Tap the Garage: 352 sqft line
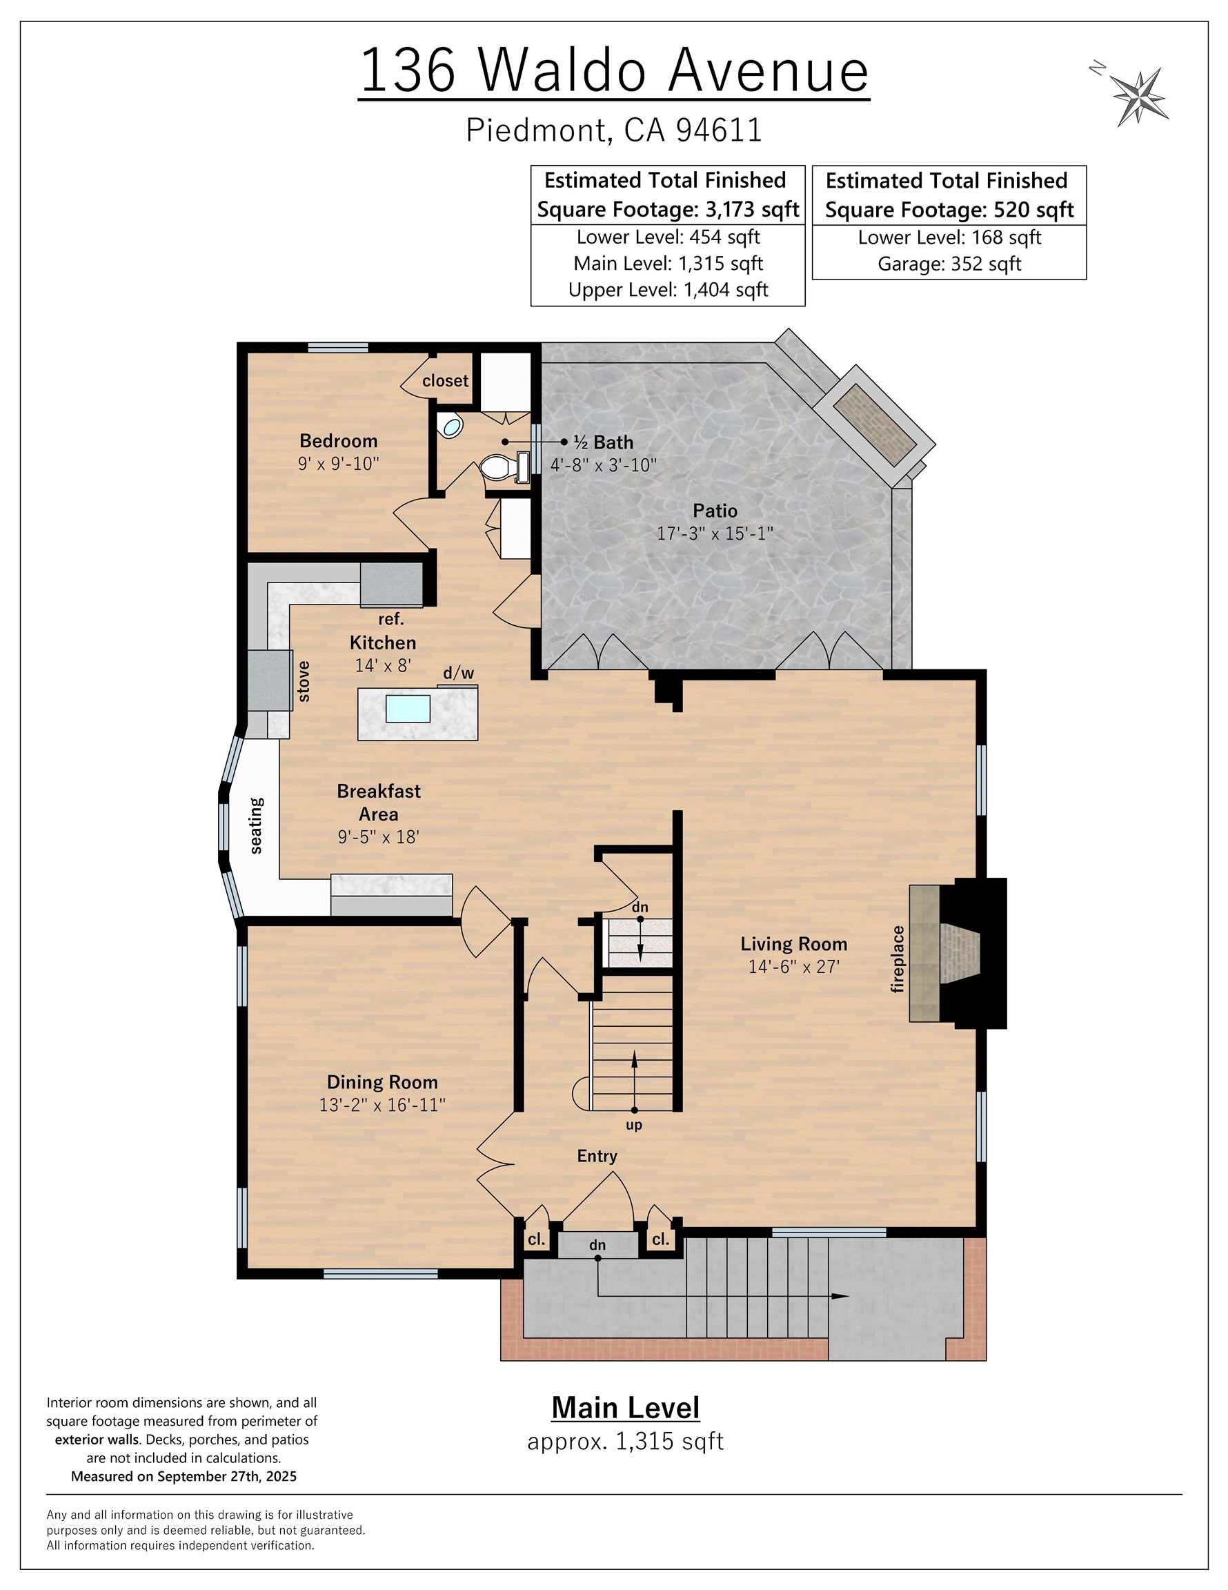point(949,264)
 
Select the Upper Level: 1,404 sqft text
point(668,290)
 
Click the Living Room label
point(793,944)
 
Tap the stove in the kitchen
point(269,680)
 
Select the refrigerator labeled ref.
point(392,584)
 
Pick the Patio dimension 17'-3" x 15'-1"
point(714,533)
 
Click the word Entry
point(597,1156)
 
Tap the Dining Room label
point(382,1082)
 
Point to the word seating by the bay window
point(256,825)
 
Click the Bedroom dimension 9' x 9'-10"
point(339,464)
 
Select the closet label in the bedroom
point(445,381)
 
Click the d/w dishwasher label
point(459,674)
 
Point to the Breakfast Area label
point(379,803)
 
